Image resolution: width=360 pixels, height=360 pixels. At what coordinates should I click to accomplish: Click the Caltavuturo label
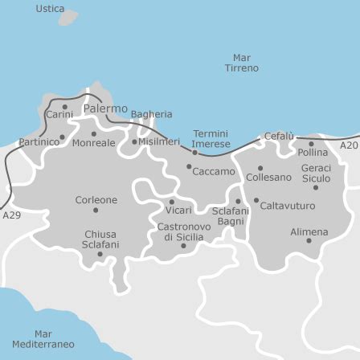coord(288,206)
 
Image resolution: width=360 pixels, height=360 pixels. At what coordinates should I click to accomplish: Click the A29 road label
coord(12,215)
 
